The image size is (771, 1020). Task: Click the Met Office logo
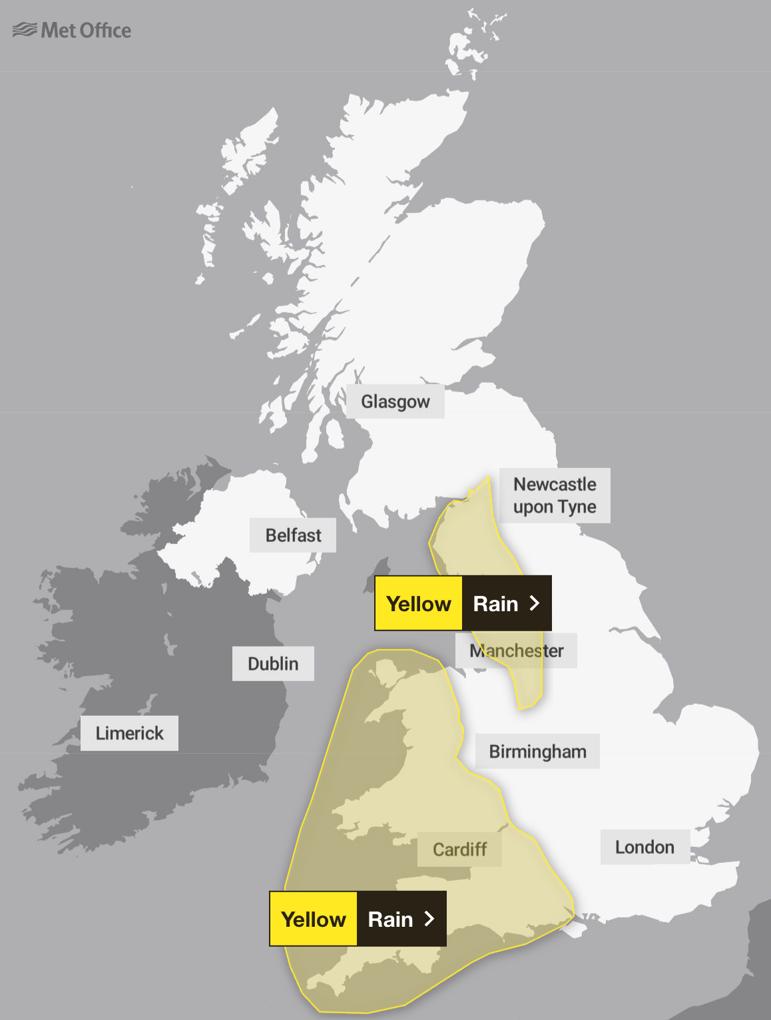[x=72, y=30]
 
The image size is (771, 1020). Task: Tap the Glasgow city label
[x=395, y=401]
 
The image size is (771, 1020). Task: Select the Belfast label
[x=293, y=535]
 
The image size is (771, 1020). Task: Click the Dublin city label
[x=273, y=664]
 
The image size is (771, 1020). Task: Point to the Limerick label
[x=129, y=733]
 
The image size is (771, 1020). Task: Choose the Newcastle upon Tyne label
[x=555, y=495]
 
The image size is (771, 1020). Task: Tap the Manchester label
[x=516, y=650]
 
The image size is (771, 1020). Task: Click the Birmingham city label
[x=537, y=752]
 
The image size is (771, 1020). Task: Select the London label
[x=644, y=847]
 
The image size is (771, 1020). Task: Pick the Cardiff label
[x=459, y=850]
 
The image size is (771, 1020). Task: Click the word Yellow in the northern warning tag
[x=419, y=604]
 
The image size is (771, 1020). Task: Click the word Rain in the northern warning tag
[x=495, y=604]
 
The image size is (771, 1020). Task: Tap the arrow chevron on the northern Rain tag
[x=534, y=603]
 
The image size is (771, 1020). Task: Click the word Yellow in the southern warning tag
[x=314, y=919]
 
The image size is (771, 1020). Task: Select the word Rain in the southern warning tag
[x=390, y=919]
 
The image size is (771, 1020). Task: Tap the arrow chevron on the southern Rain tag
[x=429, y=919]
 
